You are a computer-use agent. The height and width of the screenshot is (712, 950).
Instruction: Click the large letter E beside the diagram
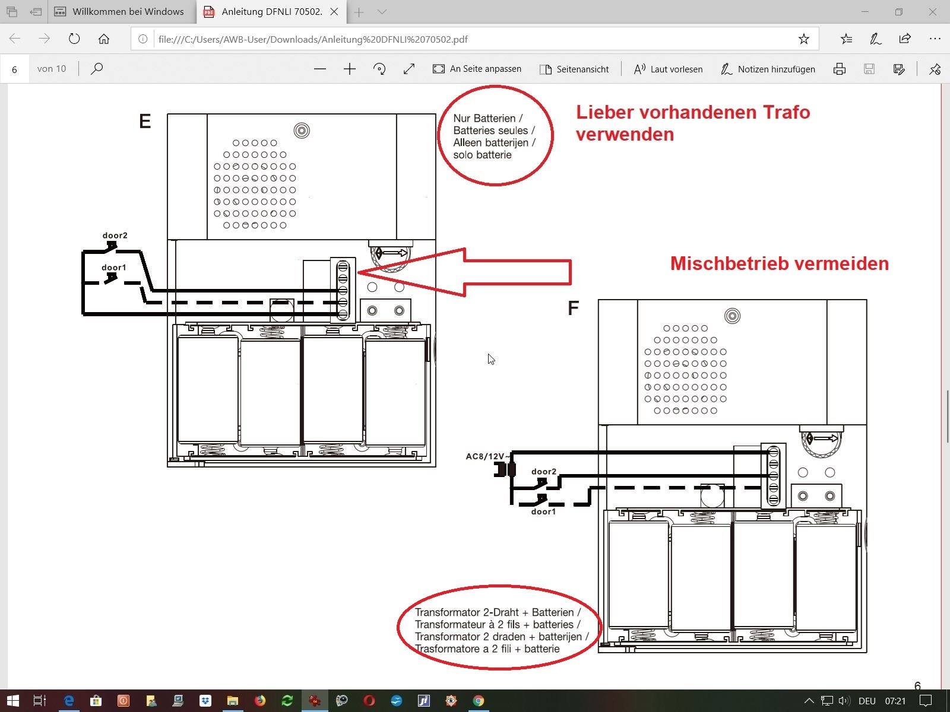click(145, 121)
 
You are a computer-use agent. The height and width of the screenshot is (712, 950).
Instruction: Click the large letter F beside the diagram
click(573, 308)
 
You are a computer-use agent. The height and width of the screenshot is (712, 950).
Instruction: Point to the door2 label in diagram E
click(115, 236)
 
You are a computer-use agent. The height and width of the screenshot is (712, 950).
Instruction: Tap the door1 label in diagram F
click(543, 512)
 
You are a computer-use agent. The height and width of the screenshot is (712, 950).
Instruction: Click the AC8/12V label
click(484, 456)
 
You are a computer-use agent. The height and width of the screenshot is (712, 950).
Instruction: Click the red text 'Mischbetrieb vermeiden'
click(780, 263)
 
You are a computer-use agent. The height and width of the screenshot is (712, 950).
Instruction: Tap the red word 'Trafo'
click(786, 112)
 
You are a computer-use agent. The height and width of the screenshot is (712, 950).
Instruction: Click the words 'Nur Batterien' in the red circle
click(484, 119)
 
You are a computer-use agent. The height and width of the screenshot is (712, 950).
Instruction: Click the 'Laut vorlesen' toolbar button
click(668, 69)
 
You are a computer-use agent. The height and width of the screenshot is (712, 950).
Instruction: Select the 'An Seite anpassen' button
click(477, 69)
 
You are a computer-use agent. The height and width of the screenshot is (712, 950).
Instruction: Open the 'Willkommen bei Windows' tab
click(119, 12)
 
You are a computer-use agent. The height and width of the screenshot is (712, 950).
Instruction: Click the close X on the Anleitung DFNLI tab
click(334, 12)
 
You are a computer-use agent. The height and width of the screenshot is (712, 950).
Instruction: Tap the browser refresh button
click(74, 39)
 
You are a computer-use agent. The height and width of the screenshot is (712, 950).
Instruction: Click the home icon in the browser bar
click(104, 39)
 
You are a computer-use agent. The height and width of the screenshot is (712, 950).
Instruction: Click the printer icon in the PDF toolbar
click(839, 69)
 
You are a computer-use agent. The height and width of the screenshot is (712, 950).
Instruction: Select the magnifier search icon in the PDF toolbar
click(97, 69)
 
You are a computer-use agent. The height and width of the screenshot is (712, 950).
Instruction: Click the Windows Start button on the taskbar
click(13, 700)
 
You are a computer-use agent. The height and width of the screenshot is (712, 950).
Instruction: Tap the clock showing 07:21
click(895, 701)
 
